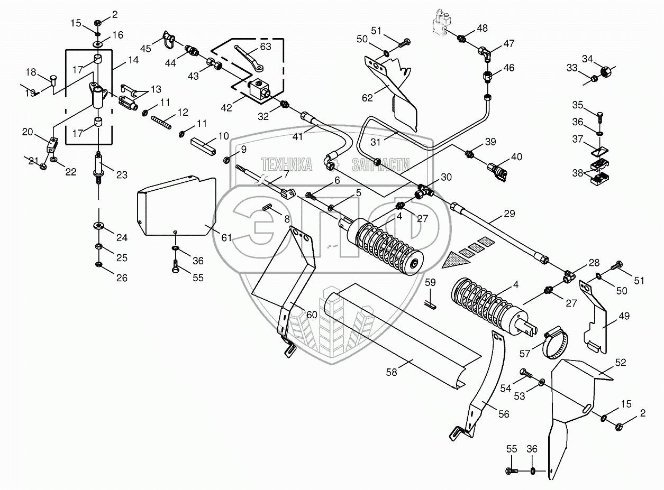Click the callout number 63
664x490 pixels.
coord(265,47)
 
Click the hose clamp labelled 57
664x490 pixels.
coord(555,343)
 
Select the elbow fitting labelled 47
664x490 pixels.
coord(485,51)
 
